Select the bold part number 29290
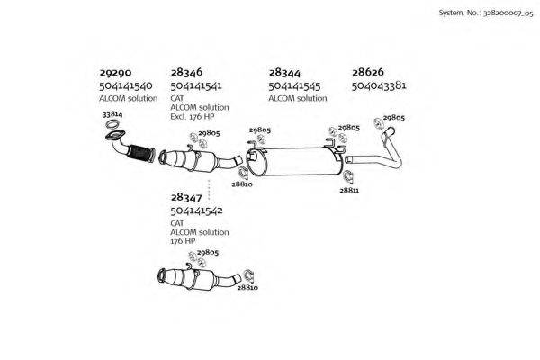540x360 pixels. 116,72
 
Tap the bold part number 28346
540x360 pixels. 186,72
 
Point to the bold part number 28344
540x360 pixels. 284,72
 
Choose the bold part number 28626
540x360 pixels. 368,72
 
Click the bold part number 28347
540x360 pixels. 186,196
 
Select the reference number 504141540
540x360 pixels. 126,85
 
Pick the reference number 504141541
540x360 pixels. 197,85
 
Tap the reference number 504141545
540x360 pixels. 295,85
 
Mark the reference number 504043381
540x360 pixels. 379,85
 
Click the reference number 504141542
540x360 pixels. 197,210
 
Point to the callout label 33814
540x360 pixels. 112,116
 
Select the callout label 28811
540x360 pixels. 349,191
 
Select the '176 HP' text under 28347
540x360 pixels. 183,241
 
